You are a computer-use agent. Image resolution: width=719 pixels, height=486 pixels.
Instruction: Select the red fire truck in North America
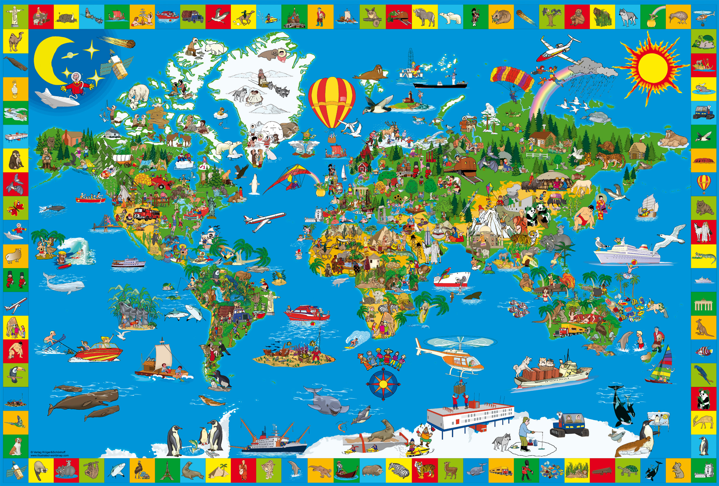pos(147,213)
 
